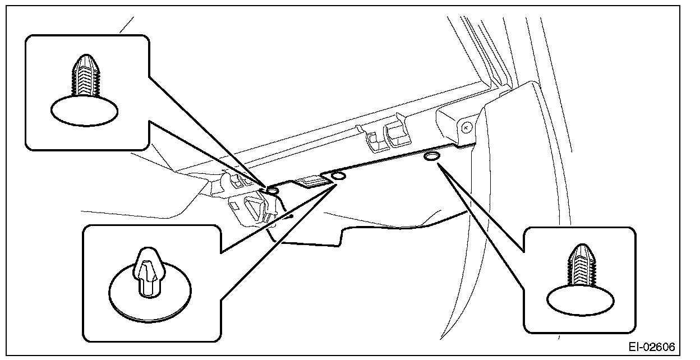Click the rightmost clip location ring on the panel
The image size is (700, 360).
coord(432,156)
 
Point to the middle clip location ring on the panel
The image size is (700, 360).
coord(339,177)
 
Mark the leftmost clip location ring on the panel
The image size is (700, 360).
coord(273,192)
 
